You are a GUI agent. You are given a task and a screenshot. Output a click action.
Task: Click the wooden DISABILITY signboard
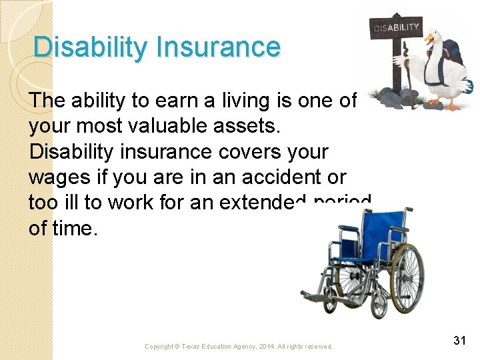[397, 29]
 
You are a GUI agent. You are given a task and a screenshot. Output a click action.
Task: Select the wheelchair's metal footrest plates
[320, 293]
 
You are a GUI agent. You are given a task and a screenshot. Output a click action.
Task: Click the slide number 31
[459, 341]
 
